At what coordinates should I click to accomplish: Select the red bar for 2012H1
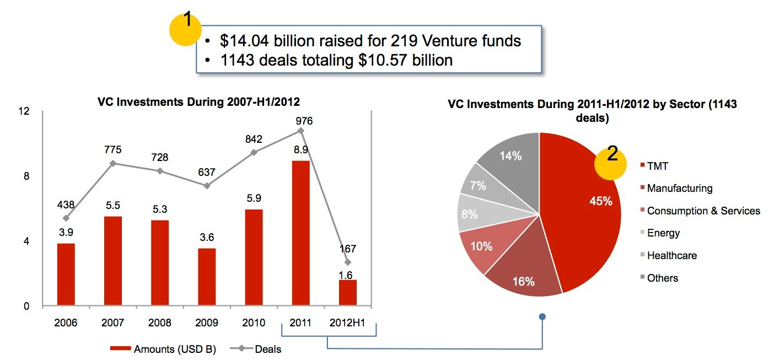[x=347, y=293]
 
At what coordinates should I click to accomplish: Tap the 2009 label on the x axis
[x=207, y=323]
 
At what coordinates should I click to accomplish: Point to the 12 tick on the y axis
[x=23, y=111]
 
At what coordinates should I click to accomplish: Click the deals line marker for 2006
[x=66, y=218]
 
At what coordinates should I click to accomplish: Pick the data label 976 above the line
[x=304, y=121]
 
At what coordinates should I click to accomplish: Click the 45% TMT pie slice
[x=584, y=209]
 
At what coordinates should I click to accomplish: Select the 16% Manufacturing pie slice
[x=524, y=273]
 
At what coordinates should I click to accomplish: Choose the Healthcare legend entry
[x=671, y=255]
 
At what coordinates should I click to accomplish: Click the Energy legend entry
[x=663, y=233]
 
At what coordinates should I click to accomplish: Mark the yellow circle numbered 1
[x=187, y=29]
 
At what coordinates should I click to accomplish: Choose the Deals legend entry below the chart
[x=268, y=349]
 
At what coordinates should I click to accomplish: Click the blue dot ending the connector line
[x=542, y=316]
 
